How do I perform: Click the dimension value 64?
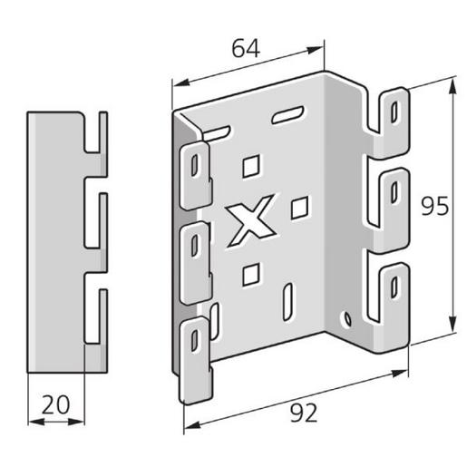pyautogui.click(x=245, y=48)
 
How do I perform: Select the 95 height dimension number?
pyautogui.click(x=435, y=208)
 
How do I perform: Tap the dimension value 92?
pyautogui.click(x=305, y=413)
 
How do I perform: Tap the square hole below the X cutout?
pyautogui.click(x=252, y=271)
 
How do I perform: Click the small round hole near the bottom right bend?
pyautogui.click(x=345, y=319)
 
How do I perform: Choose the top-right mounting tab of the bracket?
pyautogui.click(x=392, y=112)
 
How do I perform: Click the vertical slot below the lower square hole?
pyautogui.click(x=287, y=299)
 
